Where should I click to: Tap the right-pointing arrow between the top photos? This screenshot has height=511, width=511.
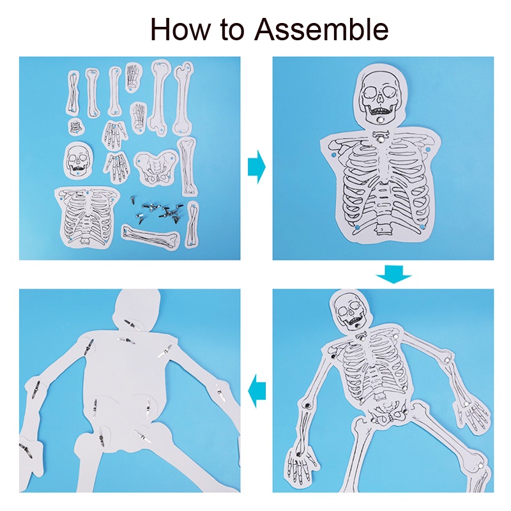point(257,167)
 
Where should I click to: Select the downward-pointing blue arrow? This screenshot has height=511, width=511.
point(393,274)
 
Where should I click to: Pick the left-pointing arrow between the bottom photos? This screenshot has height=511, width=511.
point(257,391)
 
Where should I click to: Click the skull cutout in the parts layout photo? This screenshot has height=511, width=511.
point(78,160)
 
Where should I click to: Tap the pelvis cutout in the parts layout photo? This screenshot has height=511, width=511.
point(156,167)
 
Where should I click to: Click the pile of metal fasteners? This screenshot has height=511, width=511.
point(157,210)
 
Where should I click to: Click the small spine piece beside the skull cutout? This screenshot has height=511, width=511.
point(76,126)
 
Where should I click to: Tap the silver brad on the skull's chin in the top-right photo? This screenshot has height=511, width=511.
point(380,121)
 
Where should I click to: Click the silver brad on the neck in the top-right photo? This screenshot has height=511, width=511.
point(380,140)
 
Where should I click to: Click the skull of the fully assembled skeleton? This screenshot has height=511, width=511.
point(351,311)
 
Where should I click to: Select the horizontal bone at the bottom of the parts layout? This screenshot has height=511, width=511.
point(151,236)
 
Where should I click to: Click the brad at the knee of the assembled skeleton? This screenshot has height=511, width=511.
point(480,466)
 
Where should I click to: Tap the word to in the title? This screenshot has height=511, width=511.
point(233,30)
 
